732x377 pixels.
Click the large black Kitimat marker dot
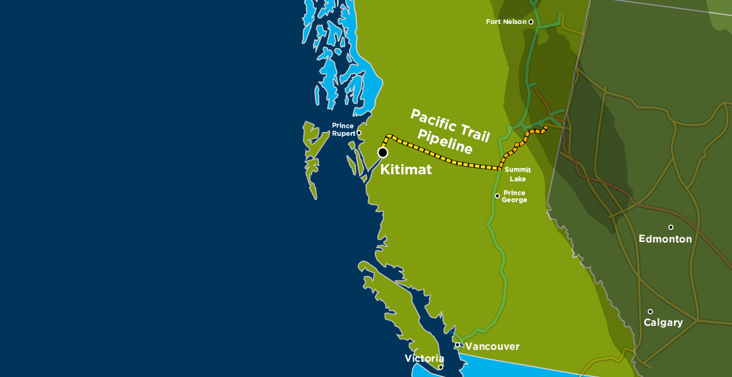click(x=382, y=152)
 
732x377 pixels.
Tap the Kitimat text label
click(x=406, y=169)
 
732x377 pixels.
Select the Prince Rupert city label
click(x=343, y=129)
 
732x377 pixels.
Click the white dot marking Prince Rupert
click(x=359, y=133)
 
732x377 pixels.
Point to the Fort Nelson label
click(x=506, y=22)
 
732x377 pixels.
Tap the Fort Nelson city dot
click(x=531, y=22)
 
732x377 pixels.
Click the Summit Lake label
click(x=518, y=174)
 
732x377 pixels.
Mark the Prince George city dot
click(x=497, y=196)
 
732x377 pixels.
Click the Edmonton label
click(x=665, y=239)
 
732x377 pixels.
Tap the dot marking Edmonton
click(x=671, y=227)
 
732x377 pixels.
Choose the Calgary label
click(x=663, y=323)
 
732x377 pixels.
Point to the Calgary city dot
click(x=650, y=311)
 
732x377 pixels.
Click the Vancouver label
click(x=492, y=347)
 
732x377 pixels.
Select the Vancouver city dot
click(x=458, y=345)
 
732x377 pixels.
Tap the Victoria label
click(x=424, y=359)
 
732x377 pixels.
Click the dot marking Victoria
click(x=440, y=367)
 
